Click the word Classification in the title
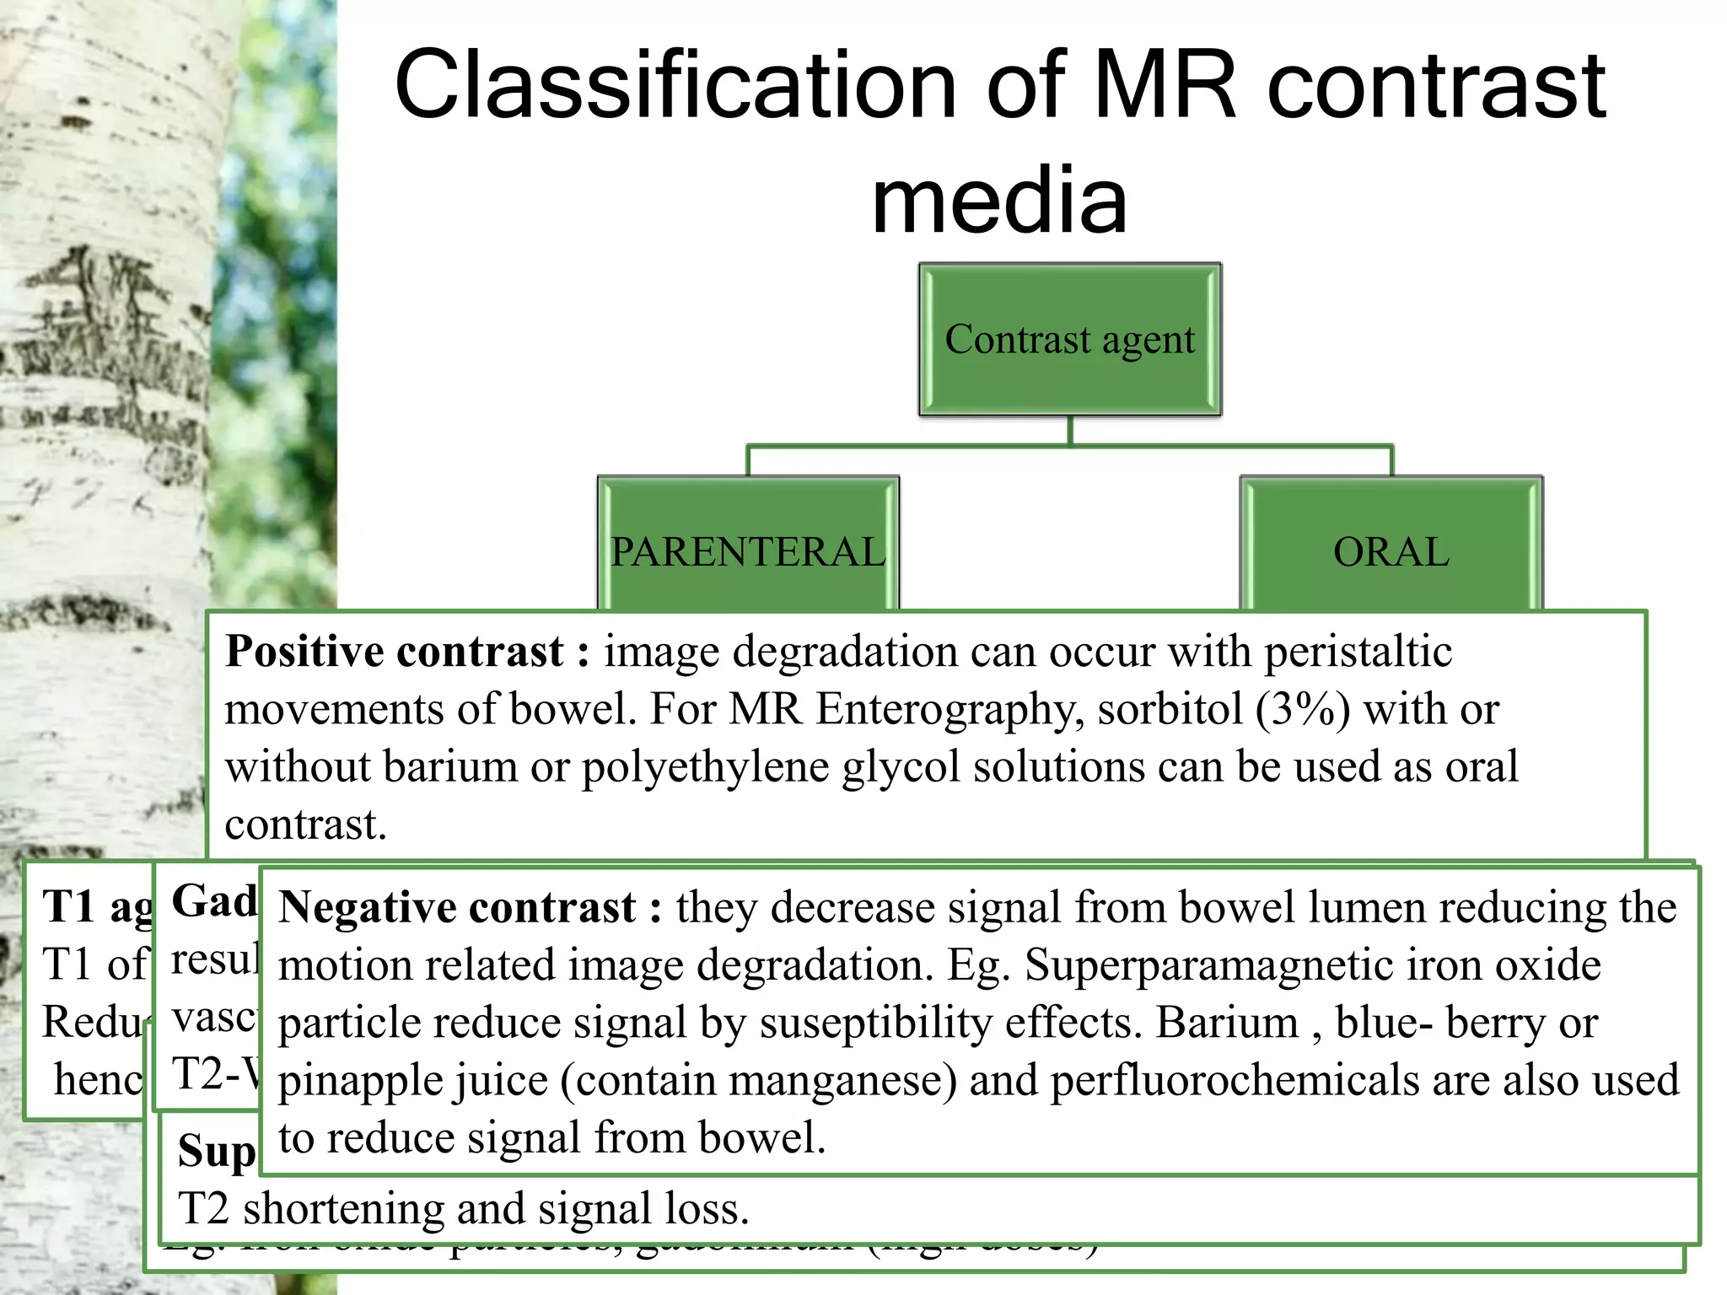tap(675, 84)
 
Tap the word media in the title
tap(999, 201)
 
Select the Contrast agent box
tap(1069, 339)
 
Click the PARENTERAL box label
tap(748, 552)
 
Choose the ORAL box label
tap(1391, 552)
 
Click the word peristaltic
tap(1358, 652)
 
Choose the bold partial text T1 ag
tap(97, 907)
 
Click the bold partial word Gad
tap(213, 901)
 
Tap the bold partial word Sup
tap(216, 1152)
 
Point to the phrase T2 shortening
tap(312, 1209)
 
